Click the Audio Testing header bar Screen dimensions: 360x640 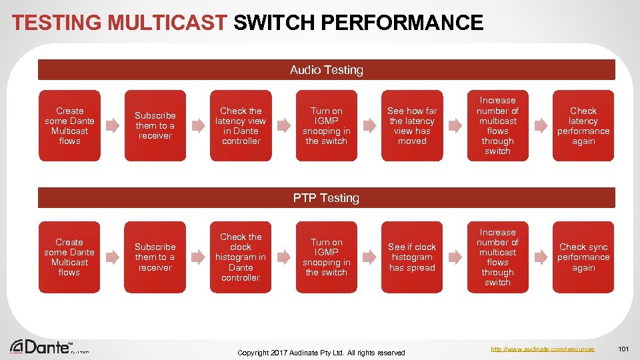pyautogui.click(x=326, y=70)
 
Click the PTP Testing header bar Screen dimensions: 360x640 pyautogui.click(x=326, y=198)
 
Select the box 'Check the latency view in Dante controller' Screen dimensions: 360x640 pyautogui.click(x=241, y=126)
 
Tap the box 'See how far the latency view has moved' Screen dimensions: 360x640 pyautogui.click(x=412, y=126)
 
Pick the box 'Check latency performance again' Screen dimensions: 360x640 pyautogui.click(x=583, y=126)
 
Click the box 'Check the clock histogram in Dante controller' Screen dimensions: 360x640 pyautogui.click(x=241, y=257)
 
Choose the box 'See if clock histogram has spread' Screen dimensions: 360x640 pyautogui.click(x=412, y=257)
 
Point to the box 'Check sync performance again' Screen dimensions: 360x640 pyautogui.click(x=583, y=257)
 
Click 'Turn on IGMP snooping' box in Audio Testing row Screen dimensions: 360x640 pyautogui.click(x=326, y=126)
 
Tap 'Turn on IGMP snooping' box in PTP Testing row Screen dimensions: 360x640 pyautogui.click(x=326, y=257)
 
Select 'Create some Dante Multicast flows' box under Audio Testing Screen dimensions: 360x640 pyautogui.click(x=69, y=126)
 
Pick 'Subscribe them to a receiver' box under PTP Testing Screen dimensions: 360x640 pyautogui.click(x=155, y=257)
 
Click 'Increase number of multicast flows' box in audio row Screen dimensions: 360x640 pyautogui.click(x=497, y=126)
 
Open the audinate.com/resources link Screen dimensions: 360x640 pyautogui.click(x=542, y=349)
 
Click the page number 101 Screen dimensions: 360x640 pyautogui.click(x=623, y=349)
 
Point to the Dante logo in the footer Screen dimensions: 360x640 pyautogui.click(x=41, y=347)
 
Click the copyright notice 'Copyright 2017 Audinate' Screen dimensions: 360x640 pyautogui.click(x=321, y=352)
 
